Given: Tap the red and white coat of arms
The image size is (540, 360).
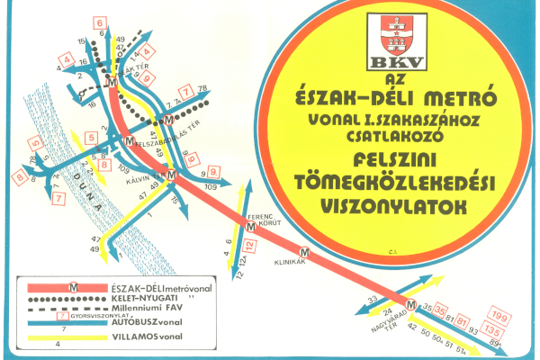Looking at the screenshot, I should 391,35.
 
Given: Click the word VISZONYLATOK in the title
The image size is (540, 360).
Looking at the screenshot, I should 394,204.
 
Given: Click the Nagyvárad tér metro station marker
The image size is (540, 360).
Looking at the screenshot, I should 410,307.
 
